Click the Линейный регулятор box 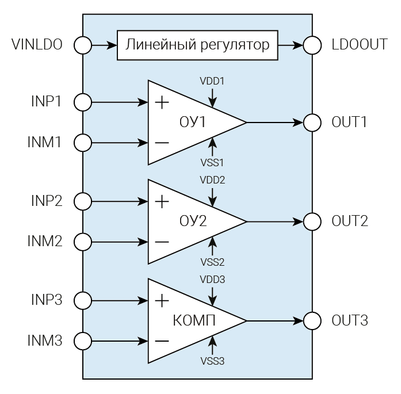(197, 45)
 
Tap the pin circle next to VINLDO (83, 45)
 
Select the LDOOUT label (360, 45)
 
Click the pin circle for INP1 (83, 103)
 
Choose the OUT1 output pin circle (312, 123)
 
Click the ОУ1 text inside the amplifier (192, 123)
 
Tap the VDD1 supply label (212, 81)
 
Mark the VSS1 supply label (212, 163)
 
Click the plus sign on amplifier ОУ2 (162, 202)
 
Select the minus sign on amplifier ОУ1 (162, 142)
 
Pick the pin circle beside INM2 (83, 241)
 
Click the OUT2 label (350, 221)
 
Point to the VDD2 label (212, 180)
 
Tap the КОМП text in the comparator (194, 320)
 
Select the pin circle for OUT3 (312, 320)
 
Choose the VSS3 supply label (212, 361)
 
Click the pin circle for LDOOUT (312, 45)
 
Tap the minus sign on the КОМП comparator (162, 341)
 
